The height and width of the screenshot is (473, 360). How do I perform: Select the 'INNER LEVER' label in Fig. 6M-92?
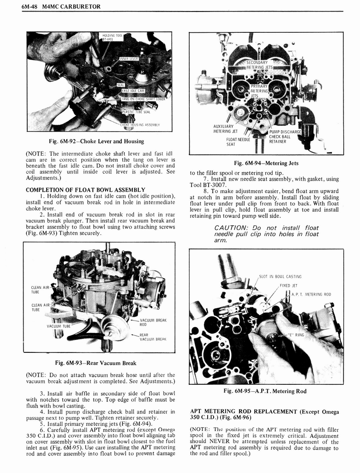point(130,59)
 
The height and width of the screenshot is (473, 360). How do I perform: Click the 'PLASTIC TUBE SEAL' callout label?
point(136,112)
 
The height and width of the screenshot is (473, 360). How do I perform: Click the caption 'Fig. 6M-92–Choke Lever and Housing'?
point(99,141)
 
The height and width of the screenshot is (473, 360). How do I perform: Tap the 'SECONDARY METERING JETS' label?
point(259,65)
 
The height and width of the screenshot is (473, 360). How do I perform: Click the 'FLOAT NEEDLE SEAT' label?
point(238,141)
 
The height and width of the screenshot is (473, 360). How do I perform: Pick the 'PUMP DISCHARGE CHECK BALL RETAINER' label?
point(285,137)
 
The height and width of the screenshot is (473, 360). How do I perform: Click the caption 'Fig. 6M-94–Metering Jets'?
point(266,163)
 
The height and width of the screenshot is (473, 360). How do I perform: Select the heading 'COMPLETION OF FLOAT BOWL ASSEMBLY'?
point(85,189)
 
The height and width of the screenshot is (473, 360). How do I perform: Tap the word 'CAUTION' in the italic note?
point(230,228)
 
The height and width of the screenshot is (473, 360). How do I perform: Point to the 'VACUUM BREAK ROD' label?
point(153,322)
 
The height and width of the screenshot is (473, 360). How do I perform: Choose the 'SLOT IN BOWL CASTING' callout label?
point(280,277)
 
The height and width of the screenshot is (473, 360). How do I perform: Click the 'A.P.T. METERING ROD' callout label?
point(311,294)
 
